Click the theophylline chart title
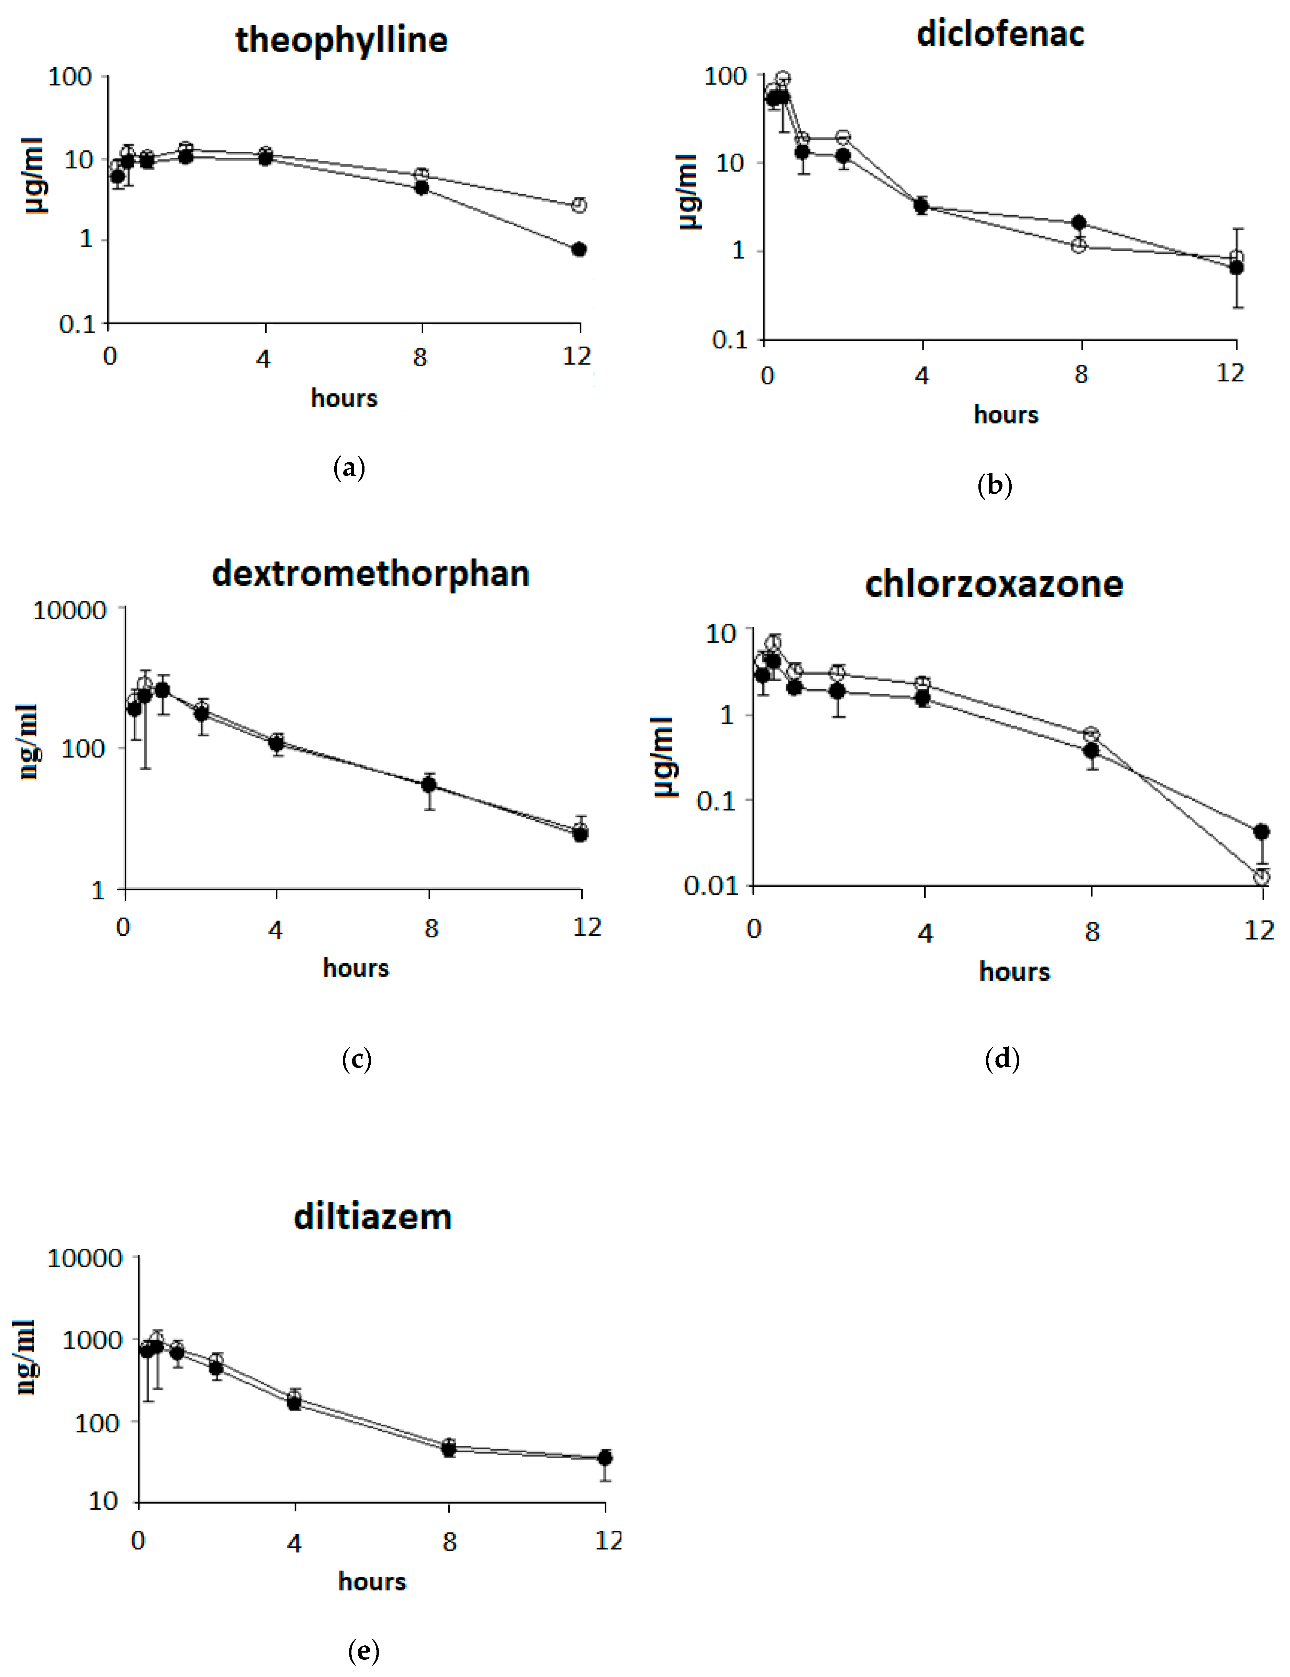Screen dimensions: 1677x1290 pos(342,40)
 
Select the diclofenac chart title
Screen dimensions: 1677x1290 pos(1000,34)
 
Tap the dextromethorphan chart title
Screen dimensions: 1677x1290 pos(371,574)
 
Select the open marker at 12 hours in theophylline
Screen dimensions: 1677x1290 pos(579,205)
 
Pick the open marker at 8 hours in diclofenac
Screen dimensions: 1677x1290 pos(1079,246)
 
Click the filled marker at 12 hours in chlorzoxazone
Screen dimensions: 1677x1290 pos(1261,832)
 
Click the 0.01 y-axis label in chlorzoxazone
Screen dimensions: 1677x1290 pos(710,885)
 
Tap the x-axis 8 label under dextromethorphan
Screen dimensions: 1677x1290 pos(431,928)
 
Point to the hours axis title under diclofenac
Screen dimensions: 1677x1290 pos(1006,415)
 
